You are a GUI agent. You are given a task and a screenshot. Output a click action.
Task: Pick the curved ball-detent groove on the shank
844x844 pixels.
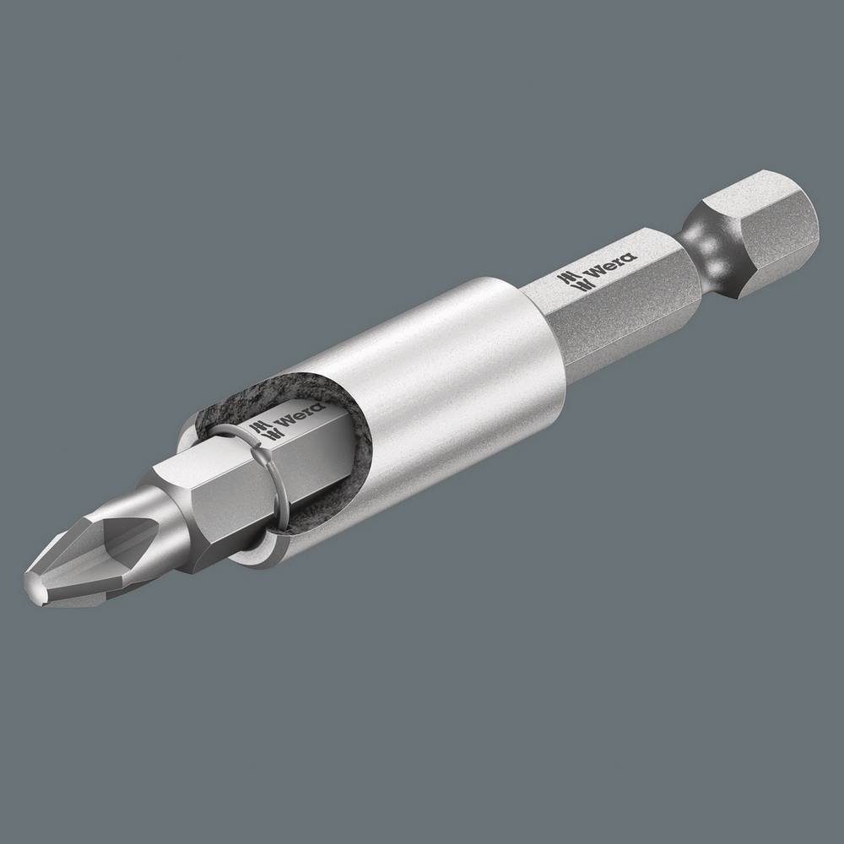point(709,245)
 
